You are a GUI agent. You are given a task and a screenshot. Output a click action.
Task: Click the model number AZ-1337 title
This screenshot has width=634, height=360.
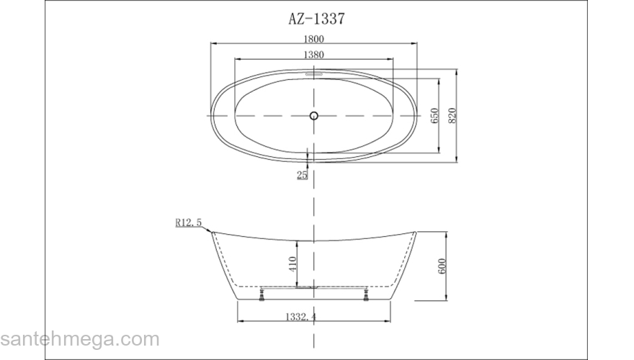click(x=314, y=19)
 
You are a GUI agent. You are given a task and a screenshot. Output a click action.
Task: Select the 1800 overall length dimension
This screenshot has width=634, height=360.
click(x=313, y=40)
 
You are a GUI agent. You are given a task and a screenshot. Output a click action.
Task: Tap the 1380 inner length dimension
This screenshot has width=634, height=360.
click(x=313, y=55)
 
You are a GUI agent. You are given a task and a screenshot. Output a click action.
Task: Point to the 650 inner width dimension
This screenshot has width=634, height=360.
click(x=435, y=115)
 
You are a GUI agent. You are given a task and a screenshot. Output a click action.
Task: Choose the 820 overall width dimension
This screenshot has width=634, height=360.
click(x=453, y=115)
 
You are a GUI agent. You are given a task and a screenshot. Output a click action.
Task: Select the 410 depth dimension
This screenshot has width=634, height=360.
click(x=293, y=261)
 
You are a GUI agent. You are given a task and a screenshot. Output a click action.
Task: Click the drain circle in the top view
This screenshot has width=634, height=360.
click(x=313, y=115)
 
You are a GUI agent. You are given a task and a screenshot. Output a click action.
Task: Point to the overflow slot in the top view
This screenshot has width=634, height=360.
click(x=314, y=72)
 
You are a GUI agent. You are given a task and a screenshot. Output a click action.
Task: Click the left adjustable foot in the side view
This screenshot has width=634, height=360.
click(x=261, y=294)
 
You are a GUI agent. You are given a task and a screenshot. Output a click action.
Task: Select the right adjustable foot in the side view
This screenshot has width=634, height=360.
click(x=367, y=294)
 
